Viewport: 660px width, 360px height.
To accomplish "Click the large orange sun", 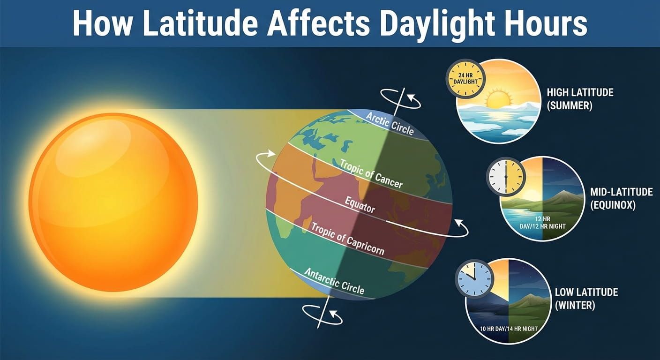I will click(113, 202).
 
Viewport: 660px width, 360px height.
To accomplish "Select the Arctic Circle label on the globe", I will click(390, 123).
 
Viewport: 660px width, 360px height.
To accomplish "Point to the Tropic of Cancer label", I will click(371, 173).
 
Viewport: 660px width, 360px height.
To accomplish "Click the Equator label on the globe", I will click(360, 204).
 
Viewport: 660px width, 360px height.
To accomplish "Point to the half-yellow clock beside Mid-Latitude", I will click(506, 176).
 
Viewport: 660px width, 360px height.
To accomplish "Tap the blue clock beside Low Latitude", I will click(474, 278).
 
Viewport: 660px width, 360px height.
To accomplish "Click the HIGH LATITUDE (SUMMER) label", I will click(580, 98).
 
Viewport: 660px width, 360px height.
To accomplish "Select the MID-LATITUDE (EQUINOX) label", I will click(622, 198).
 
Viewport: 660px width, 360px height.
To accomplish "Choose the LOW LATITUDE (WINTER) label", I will click(586, 299).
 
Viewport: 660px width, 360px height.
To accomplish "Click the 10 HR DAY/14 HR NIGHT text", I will click(509, 329).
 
